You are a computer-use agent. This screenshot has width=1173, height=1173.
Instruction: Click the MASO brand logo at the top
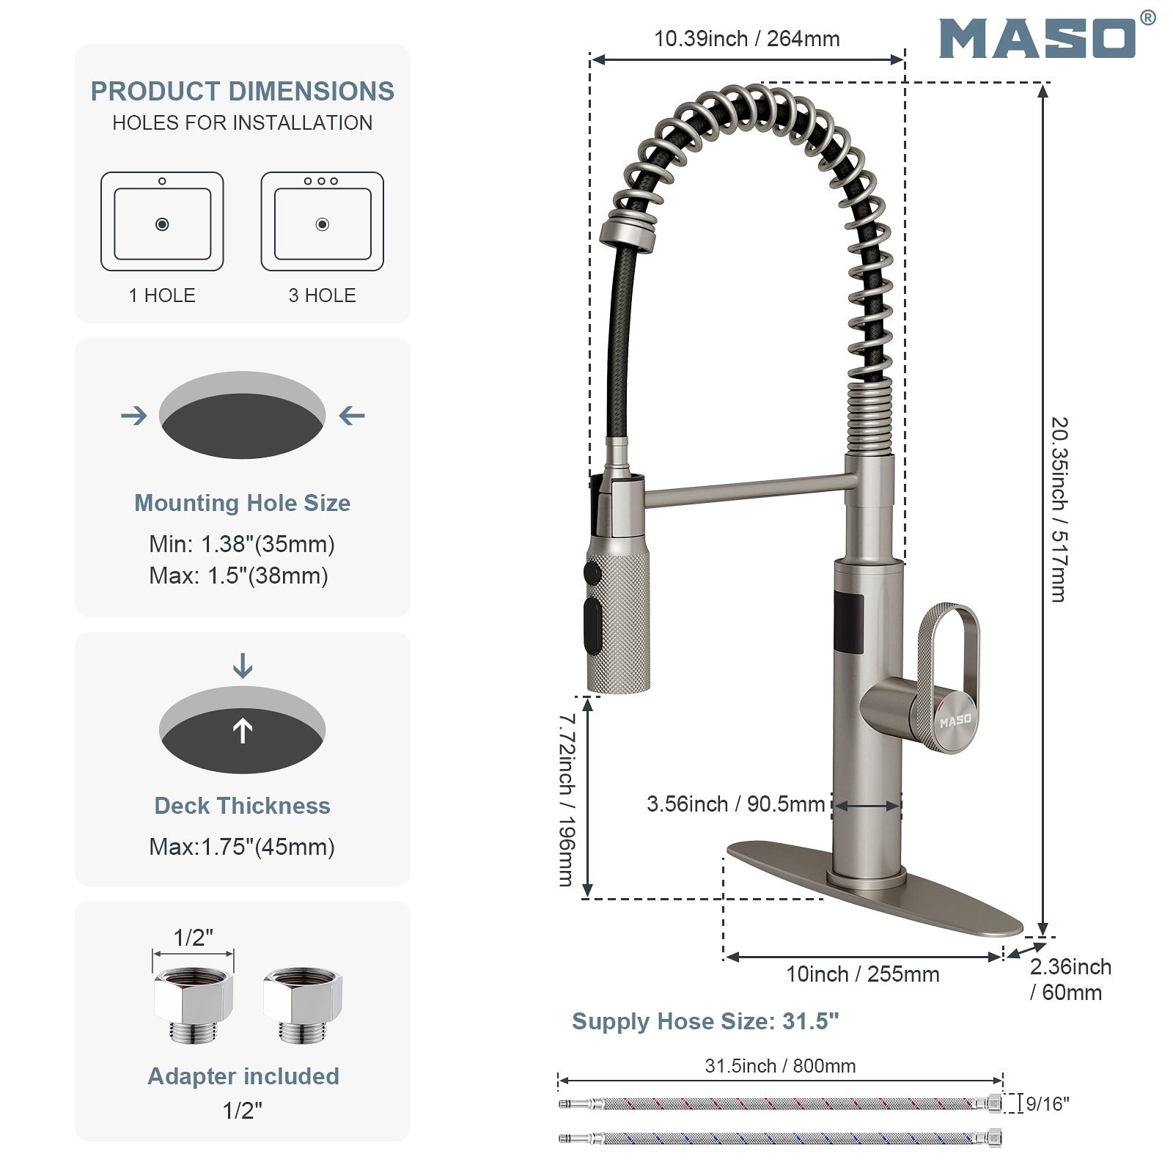pyautogui.click(x=1037, y=38)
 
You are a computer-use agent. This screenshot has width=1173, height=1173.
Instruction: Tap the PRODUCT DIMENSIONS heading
pyautogui.click(x=242, y=92)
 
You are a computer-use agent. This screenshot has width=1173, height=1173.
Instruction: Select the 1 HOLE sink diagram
pyautogui.click(x=162, y=221)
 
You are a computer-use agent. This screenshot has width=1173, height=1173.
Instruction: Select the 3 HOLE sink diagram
pyautogui.click(x=322, y=221)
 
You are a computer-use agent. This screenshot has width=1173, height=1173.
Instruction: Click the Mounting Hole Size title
pyautogui.click(x=242, y=503)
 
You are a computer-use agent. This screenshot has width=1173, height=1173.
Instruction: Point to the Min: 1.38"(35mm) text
pyautogui.click(x=242, y=544)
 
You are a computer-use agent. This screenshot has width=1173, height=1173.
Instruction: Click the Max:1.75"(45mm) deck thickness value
pyautogui.click(x=242, y=847)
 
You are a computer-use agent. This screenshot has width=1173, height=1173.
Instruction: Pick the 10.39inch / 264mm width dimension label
pyautogui.click(x=746, y=39)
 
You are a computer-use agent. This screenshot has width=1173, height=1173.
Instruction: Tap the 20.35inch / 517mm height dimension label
pyautogui.click(x=1059, y=510)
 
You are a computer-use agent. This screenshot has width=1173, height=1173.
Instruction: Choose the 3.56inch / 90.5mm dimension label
pyautogui.click(x=735, y=804)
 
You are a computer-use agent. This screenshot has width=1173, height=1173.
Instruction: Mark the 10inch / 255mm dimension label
pyautogui.click(x=862, y=974)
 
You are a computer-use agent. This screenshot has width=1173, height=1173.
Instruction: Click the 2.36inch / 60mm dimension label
pyautogui.click(x=1070, y=979)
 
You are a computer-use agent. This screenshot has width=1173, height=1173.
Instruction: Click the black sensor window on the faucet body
pyautogui.click(x=848, y=623)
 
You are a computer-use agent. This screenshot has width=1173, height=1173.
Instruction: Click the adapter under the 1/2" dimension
pyautogui.click(x=194, y=1003)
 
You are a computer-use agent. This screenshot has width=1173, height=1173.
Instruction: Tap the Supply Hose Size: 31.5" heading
pyautogui.click(x=705, y=1021)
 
